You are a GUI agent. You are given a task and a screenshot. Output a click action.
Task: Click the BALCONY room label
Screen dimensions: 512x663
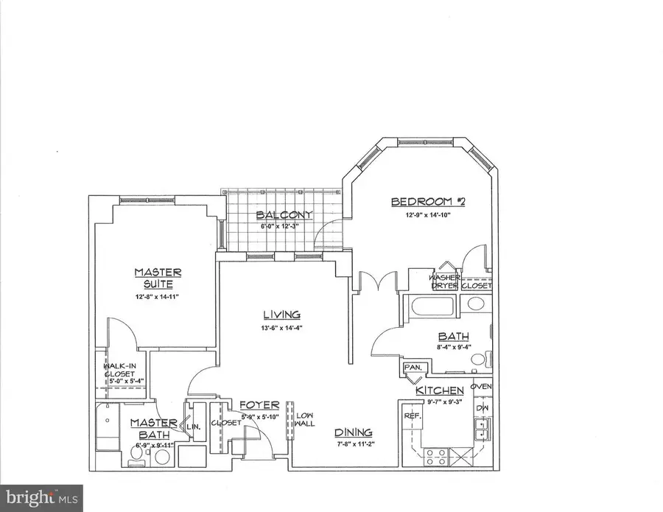(284, 215)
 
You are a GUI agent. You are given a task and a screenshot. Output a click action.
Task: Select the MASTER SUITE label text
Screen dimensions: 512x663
(158, 278)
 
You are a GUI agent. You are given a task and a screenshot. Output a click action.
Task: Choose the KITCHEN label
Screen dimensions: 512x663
(440, 390)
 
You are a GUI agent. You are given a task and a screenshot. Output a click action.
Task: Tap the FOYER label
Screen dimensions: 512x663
(259, 405)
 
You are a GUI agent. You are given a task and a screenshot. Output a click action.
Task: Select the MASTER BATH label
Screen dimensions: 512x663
(152, 429)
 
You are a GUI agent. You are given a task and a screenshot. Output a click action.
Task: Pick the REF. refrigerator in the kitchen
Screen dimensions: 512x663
(410, 416)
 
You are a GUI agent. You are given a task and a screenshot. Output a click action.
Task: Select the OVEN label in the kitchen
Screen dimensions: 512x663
(481, 387)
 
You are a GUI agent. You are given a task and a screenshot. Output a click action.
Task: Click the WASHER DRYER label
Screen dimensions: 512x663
(445, 281)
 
